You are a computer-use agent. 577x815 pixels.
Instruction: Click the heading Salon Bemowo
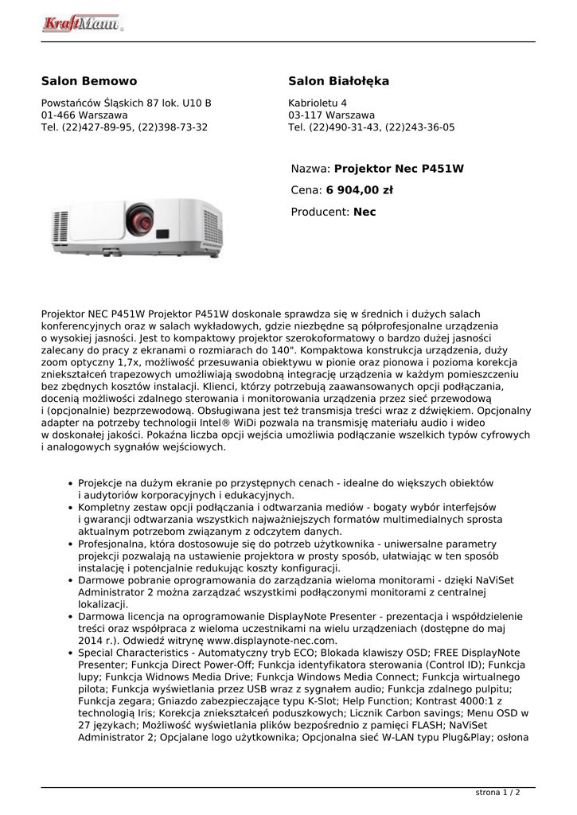click(89, 81)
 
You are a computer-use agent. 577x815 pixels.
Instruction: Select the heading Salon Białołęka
click(338, 81)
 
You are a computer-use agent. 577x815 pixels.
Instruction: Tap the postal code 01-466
click(59, 115)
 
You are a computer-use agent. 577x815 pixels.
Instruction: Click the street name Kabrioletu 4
click(318, 103)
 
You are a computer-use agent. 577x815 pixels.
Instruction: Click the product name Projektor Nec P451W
click(399, 169)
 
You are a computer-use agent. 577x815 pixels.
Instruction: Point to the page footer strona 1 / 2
click(497, 793)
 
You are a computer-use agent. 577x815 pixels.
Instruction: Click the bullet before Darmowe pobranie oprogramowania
click(70, 581)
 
